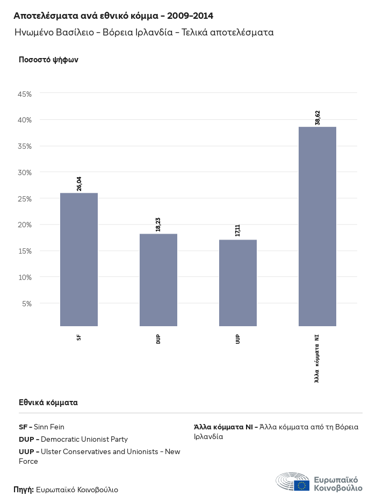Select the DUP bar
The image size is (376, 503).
tap(158, 279)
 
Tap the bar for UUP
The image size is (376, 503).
tap(238, 283)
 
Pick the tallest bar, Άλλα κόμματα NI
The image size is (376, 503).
tap(317, 226)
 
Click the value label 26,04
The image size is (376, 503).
tap(79, 184)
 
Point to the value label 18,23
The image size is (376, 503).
tap(158, 225)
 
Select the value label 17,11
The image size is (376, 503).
tap(238, 231)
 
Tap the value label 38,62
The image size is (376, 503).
tap(317, 118)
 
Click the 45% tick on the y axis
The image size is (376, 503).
tap(25, 94)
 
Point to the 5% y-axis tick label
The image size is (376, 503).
tap(27, 304)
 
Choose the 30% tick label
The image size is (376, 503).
tap(25, 173)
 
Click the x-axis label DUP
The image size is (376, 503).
tap(158, 339)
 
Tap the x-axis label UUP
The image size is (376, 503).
tap(238, 339)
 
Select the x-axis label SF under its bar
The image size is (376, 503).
tap(79, 337)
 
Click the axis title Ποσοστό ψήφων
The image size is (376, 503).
tap(49, 60)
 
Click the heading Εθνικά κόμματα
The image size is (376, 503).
tap(48, 402)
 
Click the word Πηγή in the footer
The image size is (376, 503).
tap(24, 490)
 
